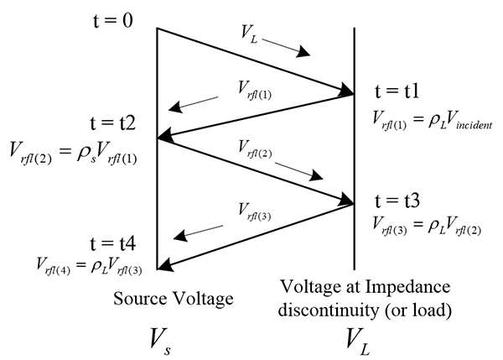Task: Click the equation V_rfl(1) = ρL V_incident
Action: (432, 121)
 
